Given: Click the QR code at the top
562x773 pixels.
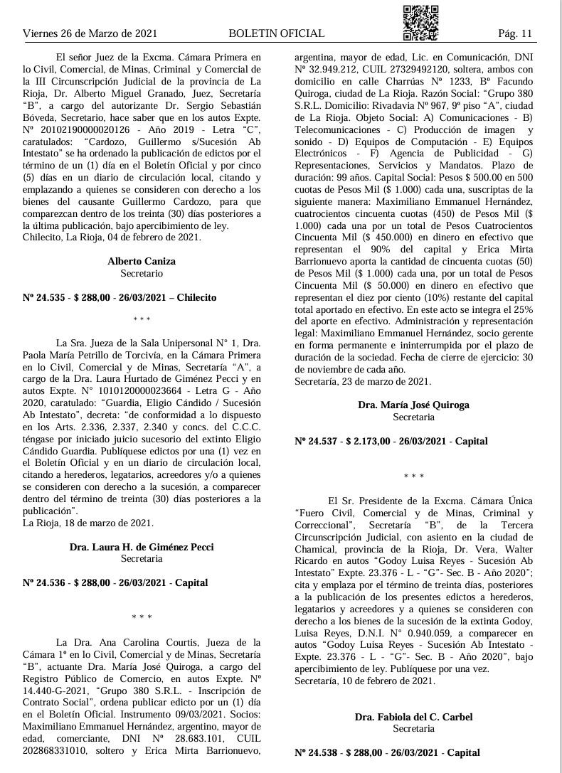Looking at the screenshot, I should tap(421, 22).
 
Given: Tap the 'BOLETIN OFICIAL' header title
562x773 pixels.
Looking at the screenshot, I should tap(277, 33).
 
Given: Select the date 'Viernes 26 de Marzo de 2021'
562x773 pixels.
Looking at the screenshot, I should tap(90, 33).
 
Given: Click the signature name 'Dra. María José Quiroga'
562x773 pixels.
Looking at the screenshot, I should tap(413, 405).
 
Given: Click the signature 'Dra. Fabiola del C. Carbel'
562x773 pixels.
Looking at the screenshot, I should tap(413, 717).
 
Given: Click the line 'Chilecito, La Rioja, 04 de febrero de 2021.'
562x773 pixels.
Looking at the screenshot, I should tap(112, 237).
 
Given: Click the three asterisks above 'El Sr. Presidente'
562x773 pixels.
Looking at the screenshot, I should tap(413, 476).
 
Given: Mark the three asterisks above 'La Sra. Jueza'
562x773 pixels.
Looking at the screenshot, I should tap(142, 321).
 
